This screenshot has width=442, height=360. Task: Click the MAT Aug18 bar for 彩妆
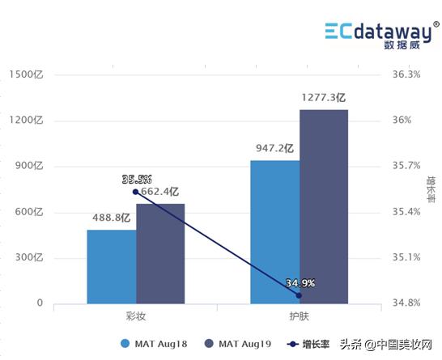[112, 267]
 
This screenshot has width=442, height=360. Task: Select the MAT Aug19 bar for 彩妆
[160, 254]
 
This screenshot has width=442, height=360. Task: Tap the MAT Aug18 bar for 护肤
[274, 232]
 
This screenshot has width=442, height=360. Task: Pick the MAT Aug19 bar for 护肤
[324, 207]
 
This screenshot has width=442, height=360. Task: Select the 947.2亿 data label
[272, 149]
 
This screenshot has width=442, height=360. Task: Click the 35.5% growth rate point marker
[135, 192]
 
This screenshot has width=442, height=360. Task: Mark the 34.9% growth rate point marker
[299, 295]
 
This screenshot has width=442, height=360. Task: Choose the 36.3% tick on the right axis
[406, 74]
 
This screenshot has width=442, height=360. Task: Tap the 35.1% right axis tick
[406, 258]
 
